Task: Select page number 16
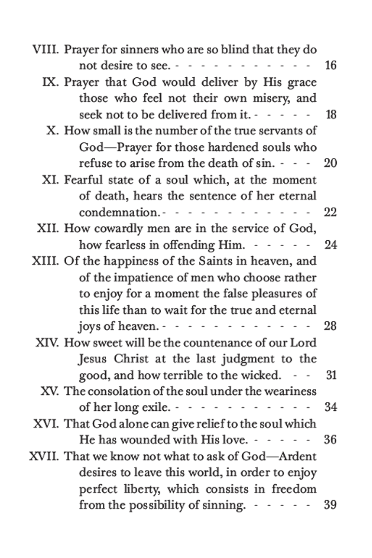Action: coord(330,66)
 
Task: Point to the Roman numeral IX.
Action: coord(51,82)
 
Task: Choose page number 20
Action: coord(330,163)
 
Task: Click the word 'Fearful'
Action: coord(83,180)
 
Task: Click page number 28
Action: coord(330,326)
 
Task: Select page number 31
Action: coord(331,375)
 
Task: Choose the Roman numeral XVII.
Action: coord(44,456)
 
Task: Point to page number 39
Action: coord(330,505)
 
